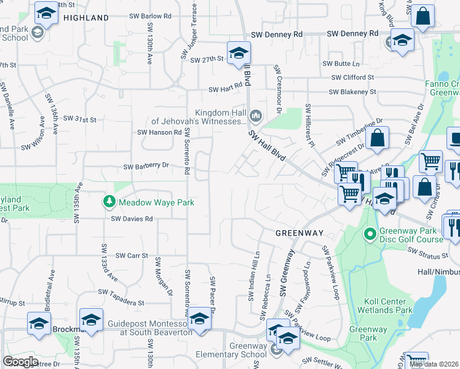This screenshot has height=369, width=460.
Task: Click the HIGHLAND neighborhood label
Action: click(x=85, y=18)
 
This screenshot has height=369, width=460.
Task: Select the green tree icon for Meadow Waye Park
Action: click(x=109, y=202)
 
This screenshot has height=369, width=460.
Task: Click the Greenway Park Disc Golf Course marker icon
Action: click(x=370, y=234)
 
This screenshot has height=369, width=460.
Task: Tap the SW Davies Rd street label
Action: click(x=132, y=218)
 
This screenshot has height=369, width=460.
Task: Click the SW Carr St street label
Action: click(x=132, y=255)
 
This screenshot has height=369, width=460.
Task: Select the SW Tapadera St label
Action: click(x=121, y=303)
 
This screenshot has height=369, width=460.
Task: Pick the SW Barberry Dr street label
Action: click(x=146, y=165)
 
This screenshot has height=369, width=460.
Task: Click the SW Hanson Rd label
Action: click(x=159, y=132)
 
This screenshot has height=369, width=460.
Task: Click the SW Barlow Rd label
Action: click(x=151, y=16)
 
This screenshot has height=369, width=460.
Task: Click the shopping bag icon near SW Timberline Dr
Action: click(x=378, y=138)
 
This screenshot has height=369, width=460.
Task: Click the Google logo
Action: click(x=20, y=362)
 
